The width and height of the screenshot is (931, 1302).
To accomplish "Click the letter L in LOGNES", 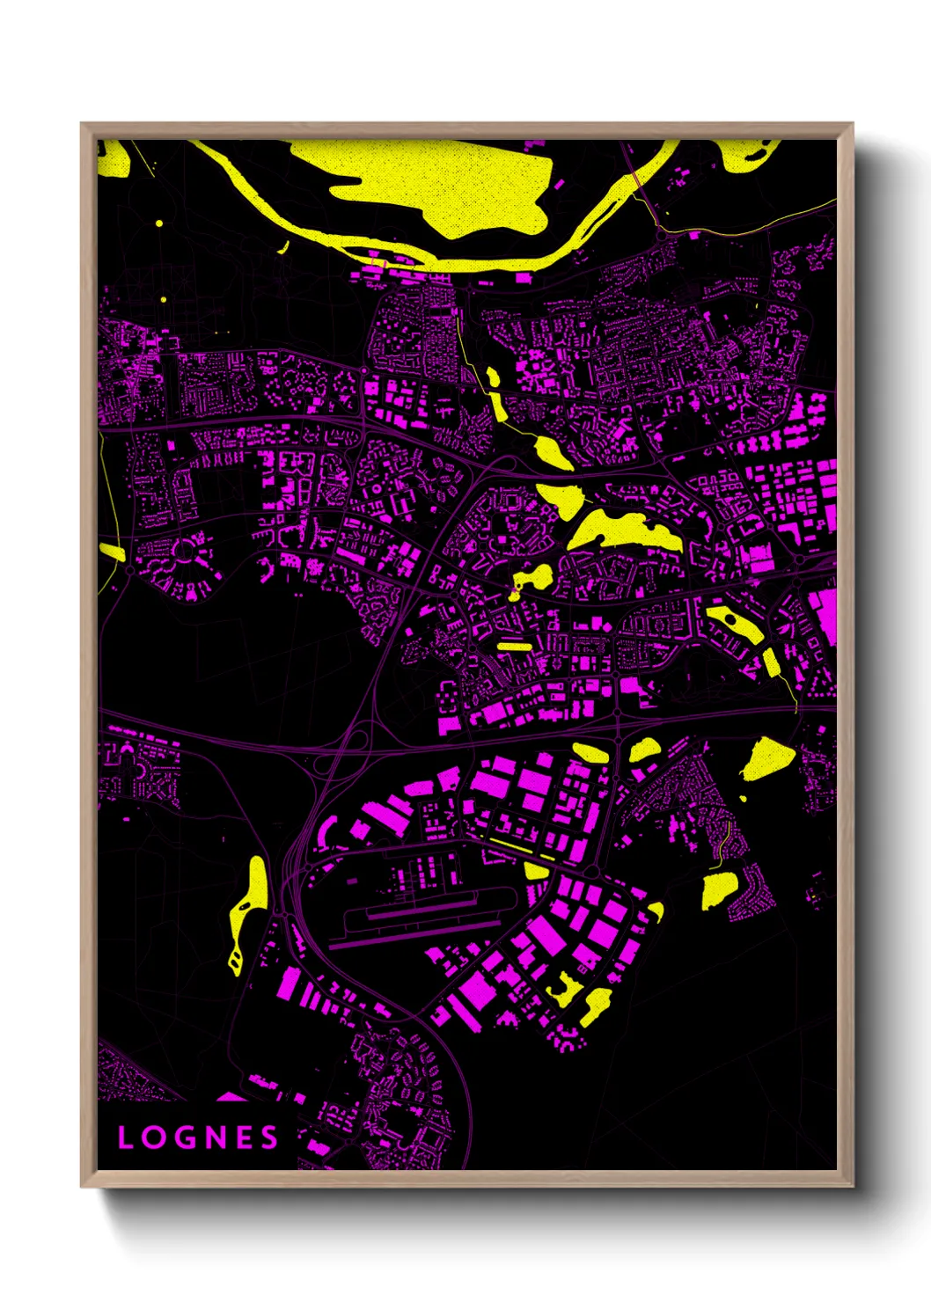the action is pos(126,1137).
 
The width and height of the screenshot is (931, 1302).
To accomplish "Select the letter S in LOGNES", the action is pos(270,1137).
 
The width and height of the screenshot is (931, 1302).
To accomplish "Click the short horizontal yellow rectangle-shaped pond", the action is pos(515,647).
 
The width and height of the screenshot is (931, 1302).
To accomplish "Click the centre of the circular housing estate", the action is pos(186,552).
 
